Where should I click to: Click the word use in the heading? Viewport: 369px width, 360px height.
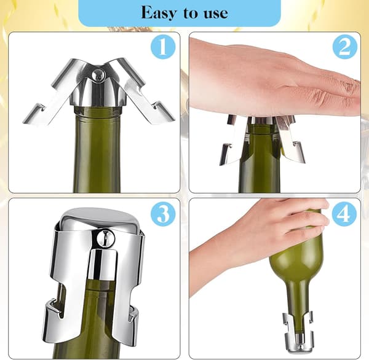(216, 14)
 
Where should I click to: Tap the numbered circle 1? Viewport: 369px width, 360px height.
(163, 47)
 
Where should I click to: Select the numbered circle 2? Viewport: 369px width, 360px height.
(345, 47)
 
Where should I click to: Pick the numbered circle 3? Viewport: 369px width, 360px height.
(163, 214)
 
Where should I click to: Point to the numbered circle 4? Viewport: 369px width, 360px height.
(344, 213)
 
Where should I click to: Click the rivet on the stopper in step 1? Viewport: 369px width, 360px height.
(98, 74)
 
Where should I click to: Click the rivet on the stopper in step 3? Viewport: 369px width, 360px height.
(106, 238)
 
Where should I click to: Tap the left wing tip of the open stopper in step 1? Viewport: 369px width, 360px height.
(25, 121)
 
